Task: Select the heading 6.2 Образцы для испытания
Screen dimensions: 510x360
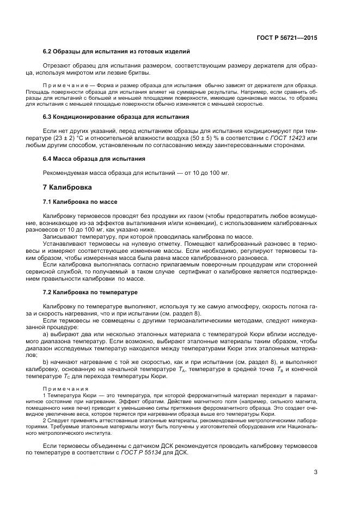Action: click(x=116, y=52)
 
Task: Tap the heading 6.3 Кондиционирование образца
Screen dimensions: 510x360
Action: click(x=116, y=117)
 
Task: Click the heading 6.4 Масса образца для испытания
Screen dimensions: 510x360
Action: click(x=94, y=159)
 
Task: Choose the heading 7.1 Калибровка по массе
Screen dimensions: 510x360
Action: click(x=80, y=202)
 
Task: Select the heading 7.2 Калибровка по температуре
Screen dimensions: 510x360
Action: click(x=90, y=292)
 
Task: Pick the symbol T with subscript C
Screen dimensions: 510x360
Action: click(x=82, y=375)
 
